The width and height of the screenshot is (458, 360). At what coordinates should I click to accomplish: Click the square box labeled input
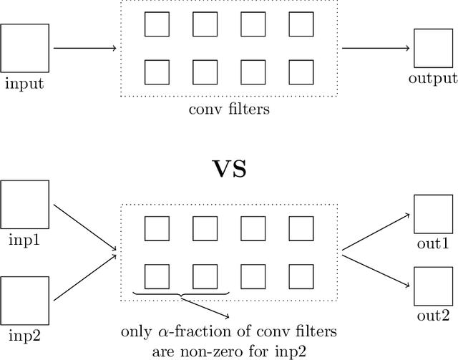(x=24, y=48)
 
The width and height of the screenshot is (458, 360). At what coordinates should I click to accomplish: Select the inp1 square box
(x=24, y=205)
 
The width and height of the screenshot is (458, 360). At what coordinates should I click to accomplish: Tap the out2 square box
(x=432, y=285)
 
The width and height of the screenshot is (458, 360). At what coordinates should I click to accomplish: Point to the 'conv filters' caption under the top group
(x=228, y=110)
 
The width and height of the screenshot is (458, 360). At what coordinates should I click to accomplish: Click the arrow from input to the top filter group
(x=84, y=49)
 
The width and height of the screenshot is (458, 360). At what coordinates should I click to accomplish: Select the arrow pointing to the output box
(x=376, y=49)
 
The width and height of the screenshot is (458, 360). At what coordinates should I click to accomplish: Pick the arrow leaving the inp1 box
(x=84, y=228)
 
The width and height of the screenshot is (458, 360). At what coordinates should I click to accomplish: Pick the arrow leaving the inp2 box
(x=84, y=275)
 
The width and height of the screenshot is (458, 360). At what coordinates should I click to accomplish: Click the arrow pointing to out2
(x=376, y=268)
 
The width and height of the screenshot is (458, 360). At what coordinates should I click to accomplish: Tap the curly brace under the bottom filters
(x=181, y=295)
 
